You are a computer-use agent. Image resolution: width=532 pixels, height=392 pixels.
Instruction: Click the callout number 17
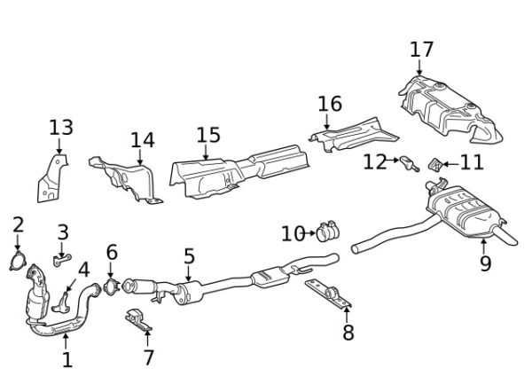point(422,49)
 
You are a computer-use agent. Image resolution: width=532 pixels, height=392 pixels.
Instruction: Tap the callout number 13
point(60,129)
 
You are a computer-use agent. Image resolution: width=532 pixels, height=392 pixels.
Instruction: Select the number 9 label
point(485,263)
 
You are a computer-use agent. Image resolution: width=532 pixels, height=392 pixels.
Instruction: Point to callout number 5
point(189,257)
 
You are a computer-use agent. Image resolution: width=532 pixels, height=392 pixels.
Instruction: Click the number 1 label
point(67,360)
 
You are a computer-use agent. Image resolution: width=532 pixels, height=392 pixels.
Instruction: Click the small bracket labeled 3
point(60,259)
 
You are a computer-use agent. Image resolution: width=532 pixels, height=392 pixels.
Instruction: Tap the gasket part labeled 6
point(112,286)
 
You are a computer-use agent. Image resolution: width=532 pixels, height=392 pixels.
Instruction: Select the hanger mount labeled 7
point(137,318)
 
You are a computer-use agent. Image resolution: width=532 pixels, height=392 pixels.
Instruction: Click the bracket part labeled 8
point(327,293)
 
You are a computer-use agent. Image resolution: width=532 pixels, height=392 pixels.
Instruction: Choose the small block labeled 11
point(435,164)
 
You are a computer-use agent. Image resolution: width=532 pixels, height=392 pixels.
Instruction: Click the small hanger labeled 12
point(407,162)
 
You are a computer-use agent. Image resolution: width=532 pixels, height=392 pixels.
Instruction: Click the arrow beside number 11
point(450,163)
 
